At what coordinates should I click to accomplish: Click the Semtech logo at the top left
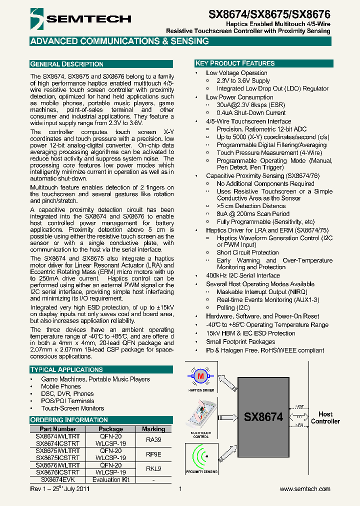click(x=80, y=18)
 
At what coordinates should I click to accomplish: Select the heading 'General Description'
click(x=67, y=64)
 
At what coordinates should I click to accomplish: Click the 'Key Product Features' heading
click(x=235, y=63)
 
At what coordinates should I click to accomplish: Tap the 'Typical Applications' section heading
click(x=66, y=369)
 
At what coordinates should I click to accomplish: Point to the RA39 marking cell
click(x=153, y=439)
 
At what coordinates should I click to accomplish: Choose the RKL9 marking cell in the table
click(x=153, y=468)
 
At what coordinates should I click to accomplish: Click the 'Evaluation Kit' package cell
click(x=110, y=479)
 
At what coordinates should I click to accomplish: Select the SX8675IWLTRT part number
click(x=57, y=450)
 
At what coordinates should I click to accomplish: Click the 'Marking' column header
click(x=153, y=429)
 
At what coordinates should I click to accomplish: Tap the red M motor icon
click(x=201, y=376)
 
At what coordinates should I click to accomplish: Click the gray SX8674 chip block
click(x=263, y=416)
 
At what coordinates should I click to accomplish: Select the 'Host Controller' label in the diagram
click(x=325, y=417)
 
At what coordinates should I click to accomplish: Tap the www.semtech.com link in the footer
click(x=305, y=489)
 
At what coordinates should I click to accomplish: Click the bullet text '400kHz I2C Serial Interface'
click(x=243, y=275)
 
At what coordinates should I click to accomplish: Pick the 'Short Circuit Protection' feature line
click(x=247, y=252)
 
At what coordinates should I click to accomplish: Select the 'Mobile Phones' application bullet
click(x=60, y=386)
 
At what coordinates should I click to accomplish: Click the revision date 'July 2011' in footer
click(x=76, y=489)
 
